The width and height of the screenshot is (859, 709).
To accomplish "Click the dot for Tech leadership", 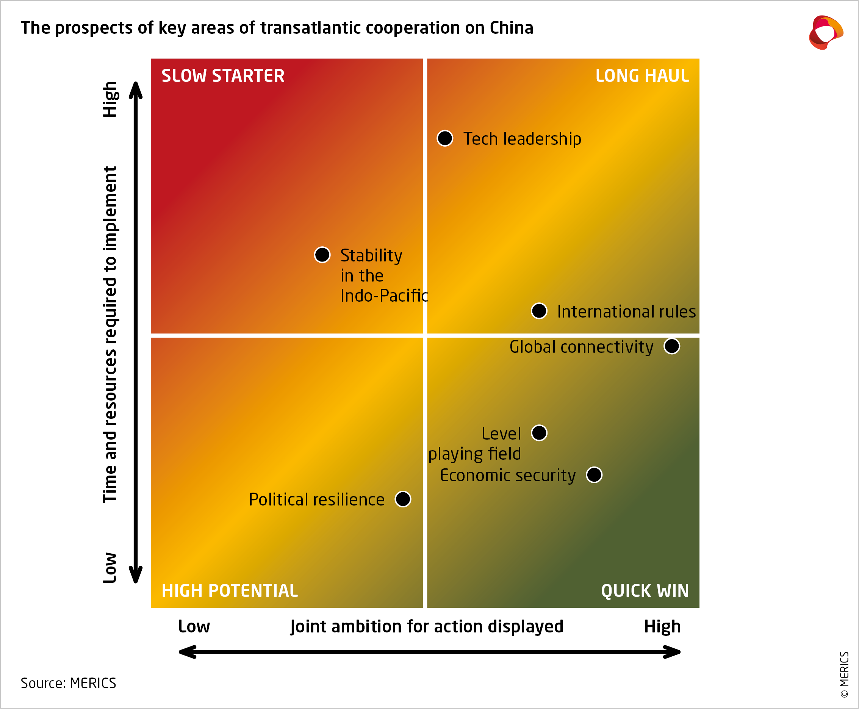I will pyautogui.click(x=444, y=138).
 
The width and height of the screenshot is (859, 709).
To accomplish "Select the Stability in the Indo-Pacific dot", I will pyautogui.click(x=322, y=255).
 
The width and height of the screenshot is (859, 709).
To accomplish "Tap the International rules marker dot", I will pyautogui.click(x=539, y=311).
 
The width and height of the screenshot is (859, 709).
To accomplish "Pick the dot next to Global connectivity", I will pyautogui.click(x=671, y=346).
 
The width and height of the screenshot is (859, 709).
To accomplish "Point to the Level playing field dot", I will pyautogui.click(x=539, y=433).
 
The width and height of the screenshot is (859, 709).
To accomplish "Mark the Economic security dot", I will pyautogui.click(x=594, y=474).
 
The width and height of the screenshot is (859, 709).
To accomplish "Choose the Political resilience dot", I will pyautogui.click(x=402, y=499).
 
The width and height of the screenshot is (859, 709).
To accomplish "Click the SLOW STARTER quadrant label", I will pyautogui.click(x=223, y=76).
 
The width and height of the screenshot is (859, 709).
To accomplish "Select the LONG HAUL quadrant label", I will pyautogui.click(x=642, y=76).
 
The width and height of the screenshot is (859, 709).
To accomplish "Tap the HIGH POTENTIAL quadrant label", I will pyautogui.click(x=230, y=590).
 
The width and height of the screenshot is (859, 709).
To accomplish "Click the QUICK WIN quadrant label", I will pyautogui.click(x=645, y=590).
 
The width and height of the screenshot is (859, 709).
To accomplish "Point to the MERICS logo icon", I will pyautogui.click(x=826, y=32).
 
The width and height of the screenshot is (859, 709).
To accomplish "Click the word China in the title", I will pyautogui.click(x=511, y=28).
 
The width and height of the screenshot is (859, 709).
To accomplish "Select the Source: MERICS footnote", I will pyautogui.click(x=68, y=683).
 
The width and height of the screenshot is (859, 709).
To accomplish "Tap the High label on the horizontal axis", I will pyautogui.click(x=662, y=626).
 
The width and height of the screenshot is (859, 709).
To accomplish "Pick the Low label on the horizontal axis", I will pyautogui.click(x=194, y=626).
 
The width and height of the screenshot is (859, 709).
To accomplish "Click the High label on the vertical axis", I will pyautogui.click(x=110, y=99).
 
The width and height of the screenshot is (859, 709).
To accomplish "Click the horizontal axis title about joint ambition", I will pyautogui.click(x=427, y=626).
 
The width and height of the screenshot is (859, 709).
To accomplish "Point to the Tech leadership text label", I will pyautogui.click(x=522, y=139).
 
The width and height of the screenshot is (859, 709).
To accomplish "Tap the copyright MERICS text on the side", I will pyautogui.click(x=844, y=674).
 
